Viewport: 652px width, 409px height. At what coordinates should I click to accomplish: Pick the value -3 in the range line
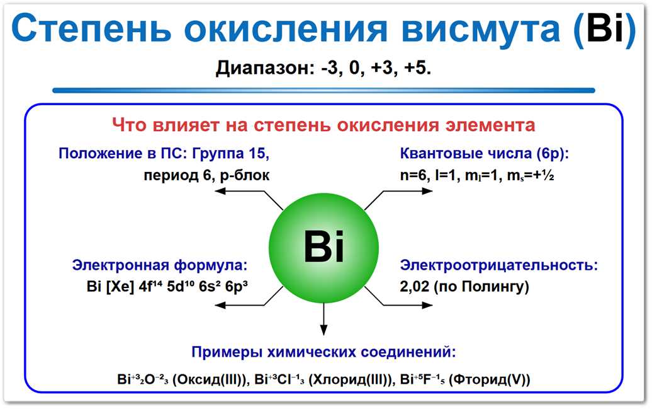[332, 68]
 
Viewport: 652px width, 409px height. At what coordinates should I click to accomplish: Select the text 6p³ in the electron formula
[235, 287]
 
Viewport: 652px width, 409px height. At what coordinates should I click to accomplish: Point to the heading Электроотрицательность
[499, 265]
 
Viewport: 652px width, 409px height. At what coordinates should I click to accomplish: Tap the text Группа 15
[232, 153]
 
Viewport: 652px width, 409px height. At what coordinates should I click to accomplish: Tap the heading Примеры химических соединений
[323, 352]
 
